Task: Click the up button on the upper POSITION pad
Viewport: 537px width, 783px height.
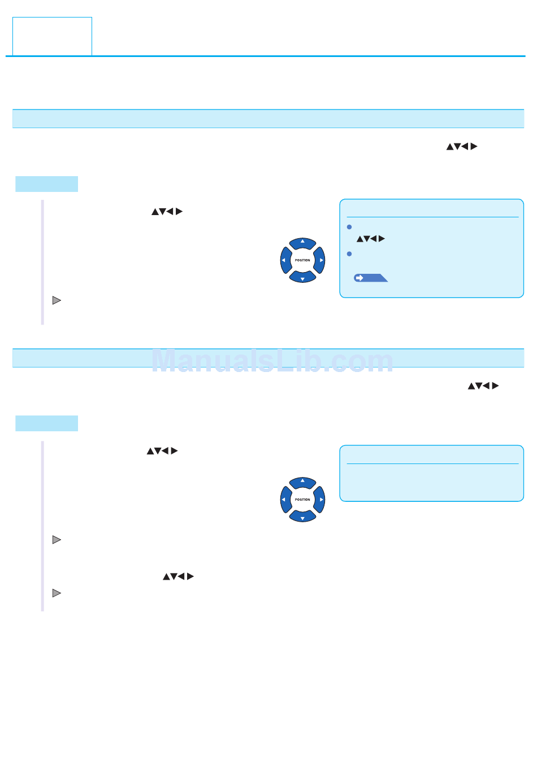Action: [302, 243]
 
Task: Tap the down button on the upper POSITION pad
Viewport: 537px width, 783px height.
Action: [302, 277]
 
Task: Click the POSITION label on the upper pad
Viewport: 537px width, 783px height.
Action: [302, 260]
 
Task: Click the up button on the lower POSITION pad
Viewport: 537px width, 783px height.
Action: [302, 482]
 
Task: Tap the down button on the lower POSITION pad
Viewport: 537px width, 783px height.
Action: [302, 517]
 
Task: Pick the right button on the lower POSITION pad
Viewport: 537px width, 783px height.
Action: [320, 500]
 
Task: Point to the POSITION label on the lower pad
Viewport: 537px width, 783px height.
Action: [302, 500]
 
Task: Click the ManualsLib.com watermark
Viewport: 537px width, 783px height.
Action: [272, 361]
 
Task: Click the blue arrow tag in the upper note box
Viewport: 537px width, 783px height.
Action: [370, 278]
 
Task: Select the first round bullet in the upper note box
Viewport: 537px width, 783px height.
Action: [349, 227]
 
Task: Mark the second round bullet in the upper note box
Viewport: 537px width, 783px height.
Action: [349, 254]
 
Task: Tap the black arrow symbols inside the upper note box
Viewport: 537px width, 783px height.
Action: [371, 239]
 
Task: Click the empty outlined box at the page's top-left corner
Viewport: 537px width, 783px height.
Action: [52, 36]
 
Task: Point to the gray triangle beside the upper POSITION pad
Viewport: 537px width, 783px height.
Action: [57, 300]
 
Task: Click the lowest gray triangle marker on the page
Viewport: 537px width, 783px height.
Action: [57, 593]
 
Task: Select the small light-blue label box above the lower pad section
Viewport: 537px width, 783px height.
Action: [46, 423]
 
